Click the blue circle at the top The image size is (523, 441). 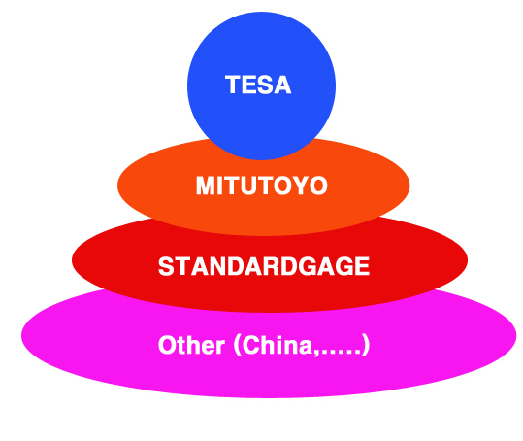(262, 86)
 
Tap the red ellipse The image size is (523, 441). (270, 281)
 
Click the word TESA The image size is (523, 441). (258, 85)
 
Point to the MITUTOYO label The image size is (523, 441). (262, 186)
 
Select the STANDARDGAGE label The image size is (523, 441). (264, 266)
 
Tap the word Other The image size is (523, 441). (191, 345)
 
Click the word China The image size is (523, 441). (278, 345)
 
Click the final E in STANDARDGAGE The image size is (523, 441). (362, 266)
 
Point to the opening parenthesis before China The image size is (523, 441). (237, 346)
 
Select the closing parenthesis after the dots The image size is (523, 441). (366, 346)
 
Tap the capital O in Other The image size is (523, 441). (168, 345)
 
